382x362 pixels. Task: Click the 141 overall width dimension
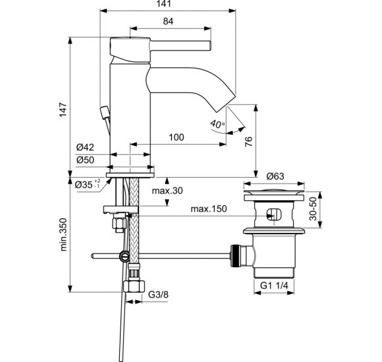coord(164,4)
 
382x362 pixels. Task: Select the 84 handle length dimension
coord(168,22)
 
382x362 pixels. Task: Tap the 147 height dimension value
coord(63,109)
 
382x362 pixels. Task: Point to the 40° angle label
coord(217,124)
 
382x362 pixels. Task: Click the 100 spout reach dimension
coord(177,138)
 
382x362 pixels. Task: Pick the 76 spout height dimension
coord(248,142)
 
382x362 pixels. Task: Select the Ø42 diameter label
coord(85,147)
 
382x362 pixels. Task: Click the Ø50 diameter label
coord(85,160)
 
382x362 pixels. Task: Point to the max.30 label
coord(167,190)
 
